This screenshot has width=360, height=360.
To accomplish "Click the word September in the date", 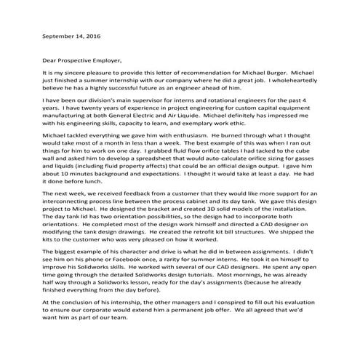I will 60,35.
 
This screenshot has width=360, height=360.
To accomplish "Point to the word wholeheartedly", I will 292,82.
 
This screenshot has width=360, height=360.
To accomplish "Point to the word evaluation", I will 300,321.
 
